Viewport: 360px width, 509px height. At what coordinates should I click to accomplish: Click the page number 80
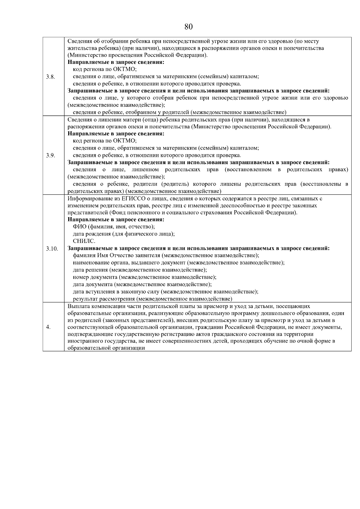(188, 27)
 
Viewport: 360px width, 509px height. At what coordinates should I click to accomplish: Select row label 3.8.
(50, 77)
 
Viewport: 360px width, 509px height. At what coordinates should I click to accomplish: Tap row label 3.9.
(50, 155)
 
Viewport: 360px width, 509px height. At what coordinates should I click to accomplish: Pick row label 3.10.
(52, 249)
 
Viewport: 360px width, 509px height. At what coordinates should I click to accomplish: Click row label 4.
(48, 327)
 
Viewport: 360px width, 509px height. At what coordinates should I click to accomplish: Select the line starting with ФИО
(114, 227)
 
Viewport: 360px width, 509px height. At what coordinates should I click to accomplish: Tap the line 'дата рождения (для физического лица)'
(124, 234)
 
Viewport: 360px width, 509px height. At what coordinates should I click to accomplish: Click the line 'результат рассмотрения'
(153, 299)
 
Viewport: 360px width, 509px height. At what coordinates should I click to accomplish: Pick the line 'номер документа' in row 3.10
(145, 277)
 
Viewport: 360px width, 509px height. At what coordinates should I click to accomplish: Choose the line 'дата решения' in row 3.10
(140, 270)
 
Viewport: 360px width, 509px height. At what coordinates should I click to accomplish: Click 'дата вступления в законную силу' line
(166, 292)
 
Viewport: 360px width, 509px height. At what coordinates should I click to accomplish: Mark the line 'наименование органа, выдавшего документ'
(179, 263)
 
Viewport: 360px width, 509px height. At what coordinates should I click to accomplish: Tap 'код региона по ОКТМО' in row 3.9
(105, 141)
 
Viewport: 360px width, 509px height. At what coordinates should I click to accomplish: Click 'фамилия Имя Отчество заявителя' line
(166, 256)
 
